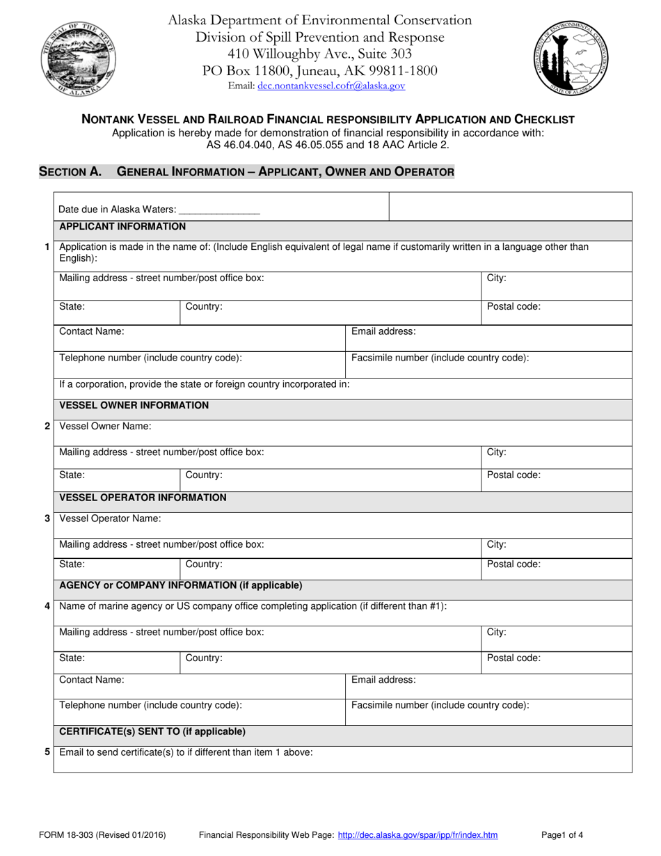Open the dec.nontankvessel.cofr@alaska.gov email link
click(330, 86)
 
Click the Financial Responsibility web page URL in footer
click(417, 835)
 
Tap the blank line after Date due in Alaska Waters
click(220, 209)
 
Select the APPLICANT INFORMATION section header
click(122, 226)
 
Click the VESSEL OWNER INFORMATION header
click(134, 405)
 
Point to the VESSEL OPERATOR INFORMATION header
click(143, 498)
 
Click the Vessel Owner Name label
click(105, 426)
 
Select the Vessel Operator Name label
click(110, 518)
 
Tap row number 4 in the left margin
click(47, 606)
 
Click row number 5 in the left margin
click(47, 752)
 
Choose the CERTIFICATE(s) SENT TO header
click(152, 731)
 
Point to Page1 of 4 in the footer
click(562, 835)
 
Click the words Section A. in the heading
click(70, 171)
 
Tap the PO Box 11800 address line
click(319, 70)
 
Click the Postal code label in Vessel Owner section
click(513, 475)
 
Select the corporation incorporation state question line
click(205, 384)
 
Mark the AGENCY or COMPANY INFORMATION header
click(181, 585)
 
